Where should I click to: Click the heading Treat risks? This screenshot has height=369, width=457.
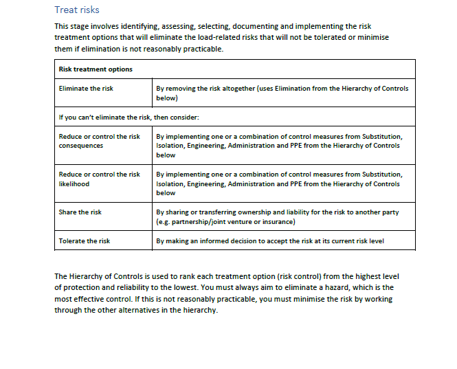coord(77,10)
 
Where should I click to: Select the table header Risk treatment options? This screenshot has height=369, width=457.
coord(96,69)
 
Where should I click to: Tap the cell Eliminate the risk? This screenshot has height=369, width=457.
coord(86,89)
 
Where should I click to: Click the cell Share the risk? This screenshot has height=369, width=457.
coord(80,212)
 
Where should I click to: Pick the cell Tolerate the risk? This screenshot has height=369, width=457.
coord(85,241)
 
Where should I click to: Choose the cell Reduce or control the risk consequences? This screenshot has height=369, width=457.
coord(99,141)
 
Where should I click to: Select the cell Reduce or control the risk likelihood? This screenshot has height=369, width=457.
coord(99,179)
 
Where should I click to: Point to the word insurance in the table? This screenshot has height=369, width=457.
coord(276,221)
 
